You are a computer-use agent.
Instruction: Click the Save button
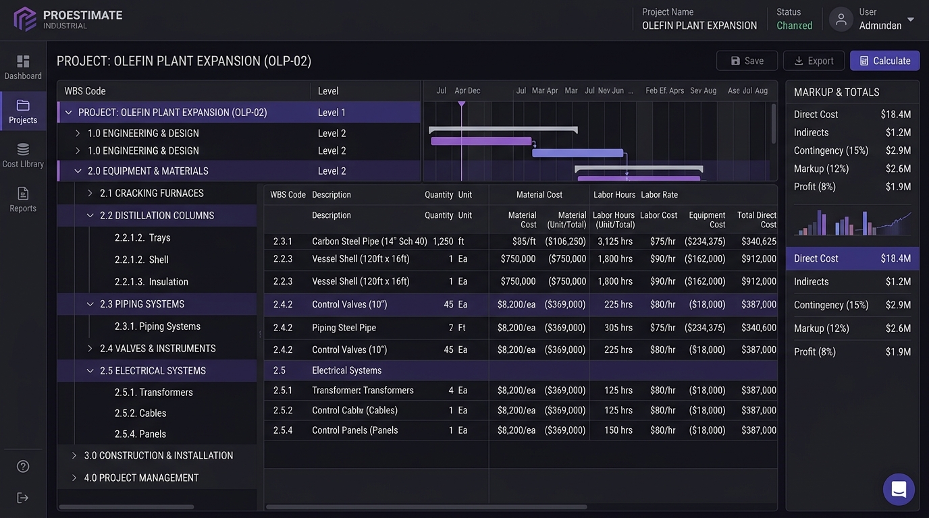747,61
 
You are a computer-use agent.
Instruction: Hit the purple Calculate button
884,61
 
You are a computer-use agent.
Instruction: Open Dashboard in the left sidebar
23,67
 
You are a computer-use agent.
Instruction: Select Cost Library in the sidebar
23,155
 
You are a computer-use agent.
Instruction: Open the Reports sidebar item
23,200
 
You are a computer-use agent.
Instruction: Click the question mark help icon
23,467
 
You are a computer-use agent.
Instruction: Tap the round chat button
899,490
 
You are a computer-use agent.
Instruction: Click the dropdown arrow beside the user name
911,20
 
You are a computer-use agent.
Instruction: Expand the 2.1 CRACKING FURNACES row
90,193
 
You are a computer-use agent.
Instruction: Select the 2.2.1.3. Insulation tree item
151,282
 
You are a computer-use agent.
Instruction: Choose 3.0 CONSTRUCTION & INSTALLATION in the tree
159,455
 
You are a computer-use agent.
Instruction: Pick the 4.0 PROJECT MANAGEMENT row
141,478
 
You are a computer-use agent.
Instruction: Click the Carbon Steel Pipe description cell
369,241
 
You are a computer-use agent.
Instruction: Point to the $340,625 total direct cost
759,241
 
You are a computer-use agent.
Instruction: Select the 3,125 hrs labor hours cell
614,241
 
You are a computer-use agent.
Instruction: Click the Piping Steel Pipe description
344,328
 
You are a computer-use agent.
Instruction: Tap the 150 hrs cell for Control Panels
618,430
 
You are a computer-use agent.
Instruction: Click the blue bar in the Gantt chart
578,153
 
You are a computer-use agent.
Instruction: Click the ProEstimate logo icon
25,19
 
